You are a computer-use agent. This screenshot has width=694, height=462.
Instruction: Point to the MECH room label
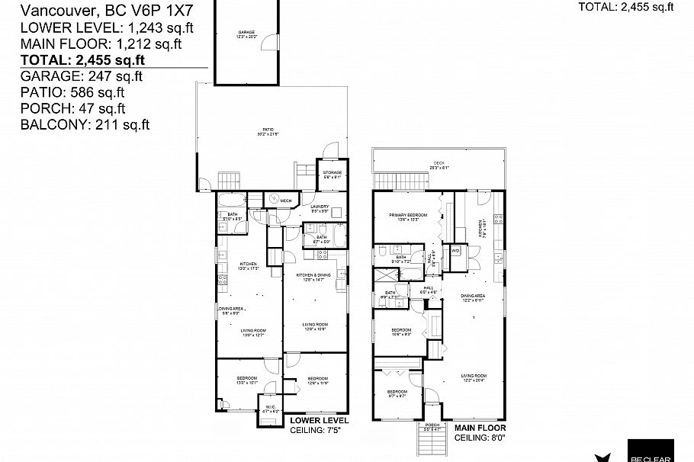coord(286,201)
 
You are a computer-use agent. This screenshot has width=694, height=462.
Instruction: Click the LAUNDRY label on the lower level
coord(319,207)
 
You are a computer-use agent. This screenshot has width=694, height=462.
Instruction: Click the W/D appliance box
coord(456,250)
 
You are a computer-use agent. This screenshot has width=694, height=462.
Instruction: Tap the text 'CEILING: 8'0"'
coord(479,438)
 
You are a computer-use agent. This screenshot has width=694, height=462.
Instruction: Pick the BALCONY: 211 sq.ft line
coord(85,124)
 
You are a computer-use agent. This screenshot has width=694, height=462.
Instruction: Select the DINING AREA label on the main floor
coord(473,297)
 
